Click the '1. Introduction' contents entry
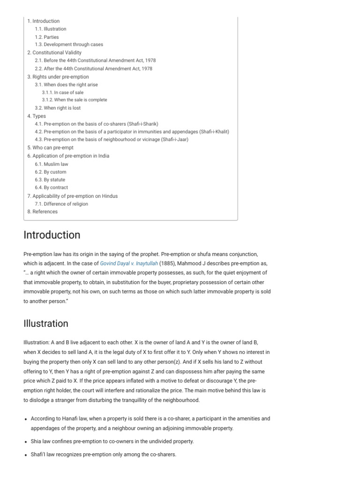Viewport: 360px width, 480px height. pyautogui.click(x=44, y=21)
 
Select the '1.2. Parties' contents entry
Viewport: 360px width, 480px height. pyautogui.click(x=47, y=37)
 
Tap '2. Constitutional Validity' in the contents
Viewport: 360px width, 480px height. pyautogui.click(x=54, y=52)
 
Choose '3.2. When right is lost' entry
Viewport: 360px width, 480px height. pyautogui.click(x=58, y=108)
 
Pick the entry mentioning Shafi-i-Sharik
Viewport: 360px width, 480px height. pyautogui.click(x=96, y=124)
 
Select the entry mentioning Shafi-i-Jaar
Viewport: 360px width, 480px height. pyautogui.click(x=112, y=140)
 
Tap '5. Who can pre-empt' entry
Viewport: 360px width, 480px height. pyautogui.click(x=51, y=148)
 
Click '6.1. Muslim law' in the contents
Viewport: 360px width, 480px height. pyautogui.click(x=52, y=164)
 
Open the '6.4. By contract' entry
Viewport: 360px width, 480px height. pyautogui.click(x=52, y=187)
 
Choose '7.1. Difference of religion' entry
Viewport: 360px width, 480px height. pyautogui.click(x=61, y=204)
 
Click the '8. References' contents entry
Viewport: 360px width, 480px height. pyautogui.click(x=43, y=211)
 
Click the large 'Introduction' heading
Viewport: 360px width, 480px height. pyautogui.click(x=52, y=235)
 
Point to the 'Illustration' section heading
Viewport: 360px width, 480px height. pyautogui.click(x=45, y=323)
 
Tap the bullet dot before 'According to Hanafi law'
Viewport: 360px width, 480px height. pyautogui.click(x=25, y=419)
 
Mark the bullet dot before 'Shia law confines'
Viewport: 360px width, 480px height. pyautogui.click(x=25, y=442)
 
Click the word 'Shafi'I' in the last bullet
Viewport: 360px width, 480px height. pyautogui.click(x=38, y=454)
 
